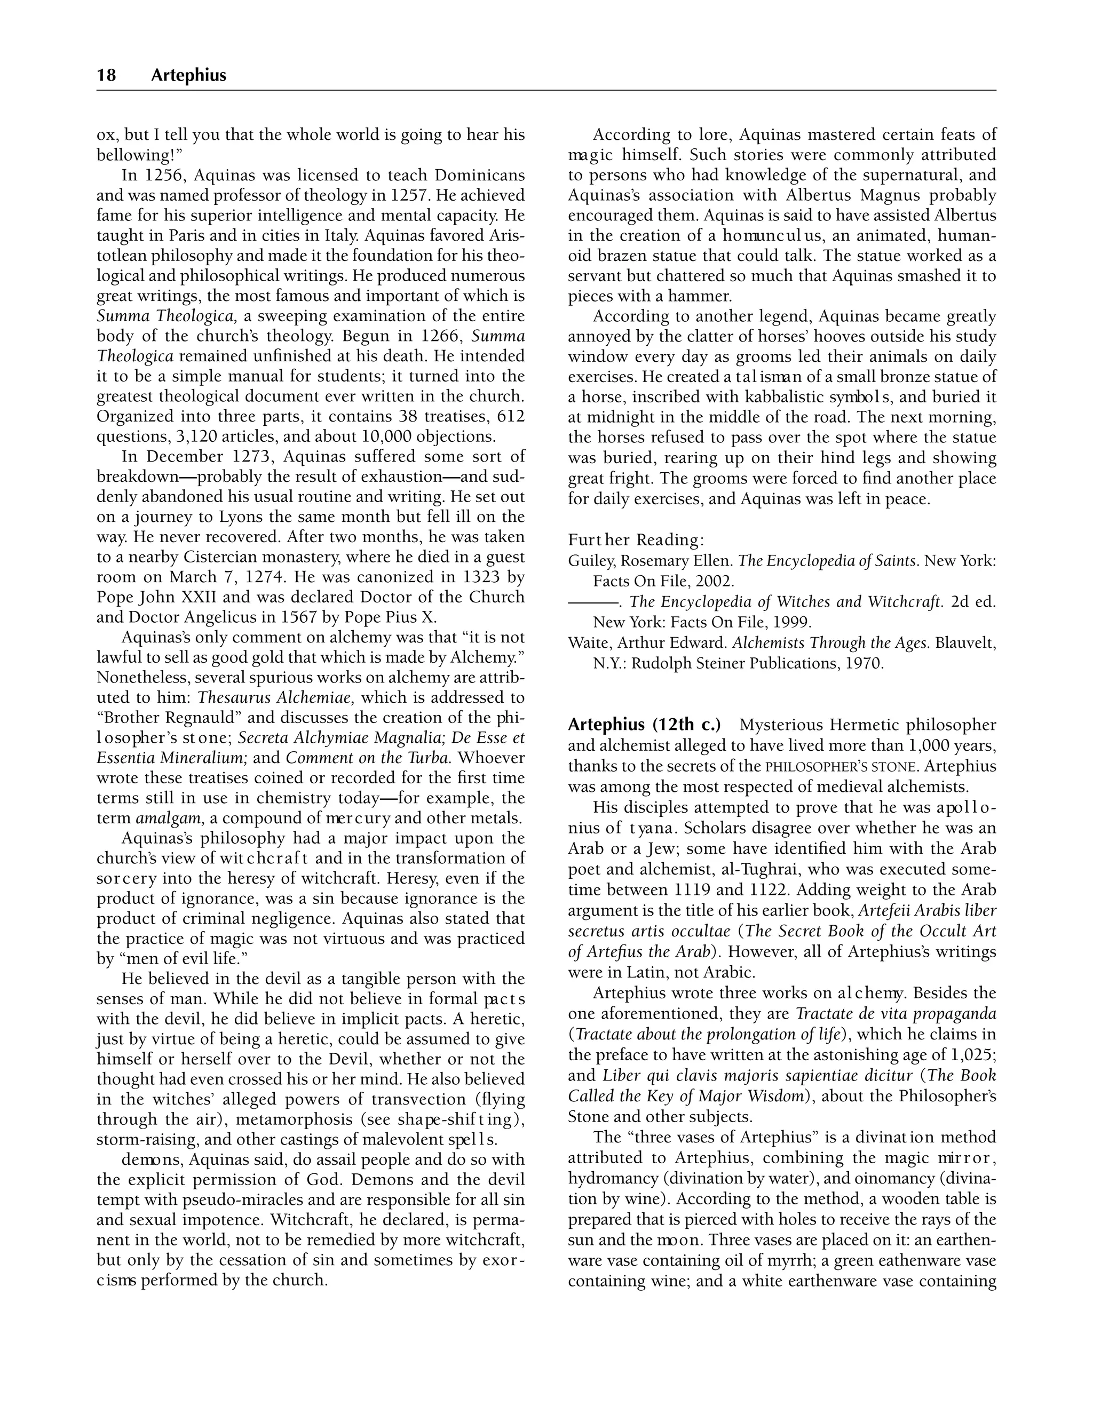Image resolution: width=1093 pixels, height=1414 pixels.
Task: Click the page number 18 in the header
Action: (106, 76)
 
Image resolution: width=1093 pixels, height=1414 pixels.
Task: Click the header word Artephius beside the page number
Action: (188, 76)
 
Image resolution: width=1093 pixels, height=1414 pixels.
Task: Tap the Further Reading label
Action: (636, 540)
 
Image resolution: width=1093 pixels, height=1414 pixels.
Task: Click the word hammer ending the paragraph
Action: (704, 297)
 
